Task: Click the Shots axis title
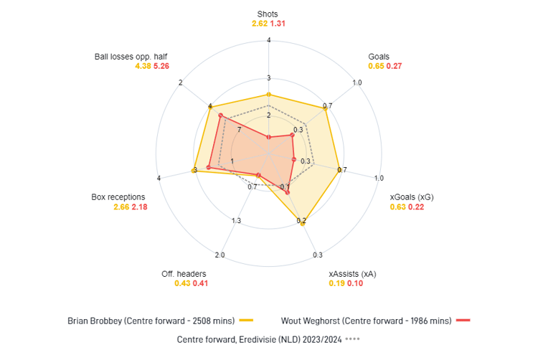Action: coord(268,14)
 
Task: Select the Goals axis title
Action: coord(379,56)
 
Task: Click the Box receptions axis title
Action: coord(118,196)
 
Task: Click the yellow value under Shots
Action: coord(259,24)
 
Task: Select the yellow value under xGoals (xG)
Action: coord(397,207)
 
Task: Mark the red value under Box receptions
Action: coord(139,207)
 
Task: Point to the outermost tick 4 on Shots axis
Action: coord(268,39)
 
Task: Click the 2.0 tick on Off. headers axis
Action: coord(220,255)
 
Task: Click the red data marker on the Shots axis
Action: coord(268,136)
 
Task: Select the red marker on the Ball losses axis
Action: coord(221,115)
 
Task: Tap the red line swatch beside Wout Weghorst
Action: coord(463,320)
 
